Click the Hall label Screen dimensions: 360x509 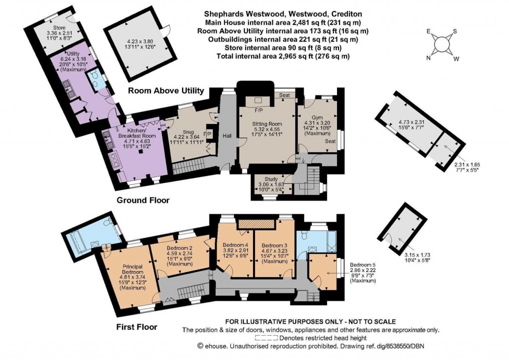tap(227, 136)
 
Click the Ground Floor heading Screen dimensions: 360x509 tap(143, 200)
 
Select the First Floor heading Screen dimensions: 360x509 tap(137, 327)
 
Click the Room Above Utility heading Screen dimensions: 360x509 tap(166, 90)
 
